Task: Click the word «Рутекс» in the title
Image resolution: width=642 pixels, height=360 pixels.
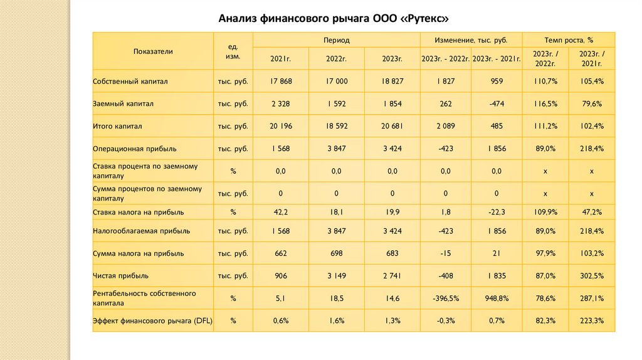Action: (426, 17)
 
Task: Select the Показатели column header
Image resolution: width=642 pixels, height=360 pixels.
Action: (153, 51)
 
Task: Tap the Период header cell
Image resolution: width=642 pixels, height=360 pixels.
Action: (336, 40)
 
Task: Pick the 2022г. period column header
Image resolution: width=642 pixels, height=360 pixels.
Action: (336, 59)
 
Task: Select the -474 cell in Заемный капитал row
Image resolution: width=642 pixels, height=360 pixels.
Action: (497, 103)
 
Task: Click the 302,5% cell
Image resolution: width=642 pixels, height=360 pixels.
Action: (591, 275)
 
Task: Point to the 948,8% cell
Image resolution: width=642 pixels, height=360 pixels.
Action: (497, 298)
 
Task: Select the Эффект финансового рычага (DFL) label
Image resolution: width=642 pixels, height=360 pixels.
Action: (152, 320)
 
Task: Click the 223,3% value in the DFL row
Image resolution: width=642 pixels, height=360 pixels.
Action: (591, 320)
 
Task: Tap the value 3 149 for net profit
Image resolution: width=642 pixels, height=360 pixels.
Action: (336, 275)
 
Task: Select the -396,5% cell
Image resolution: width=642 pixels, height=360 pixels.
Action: (446, 298)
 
